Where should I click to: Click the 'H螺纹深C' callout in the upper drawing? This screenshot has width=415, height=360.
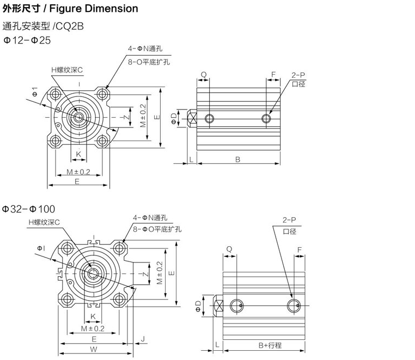(67, 70)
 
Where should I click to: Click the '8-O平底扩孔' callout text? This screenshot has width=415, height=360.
(149, 62)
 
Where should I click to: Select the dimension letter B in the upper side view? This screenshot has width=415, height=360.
(238, 159)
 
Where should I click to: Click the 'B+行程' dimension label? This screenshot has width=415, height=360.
(270, 345)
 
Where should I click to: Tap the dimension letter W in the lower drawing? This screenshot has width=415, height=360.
(94, 349)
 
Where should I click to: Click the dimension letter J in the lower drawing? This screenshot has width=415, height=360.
(142, 339)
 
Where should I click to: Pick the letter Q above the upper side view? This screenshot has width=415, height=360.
(203, 74)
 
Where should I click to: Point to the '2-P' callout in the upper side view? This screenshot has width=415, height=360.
(298, 74)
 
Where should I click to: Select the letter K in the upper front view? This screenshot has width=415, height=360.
(78, 154)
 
